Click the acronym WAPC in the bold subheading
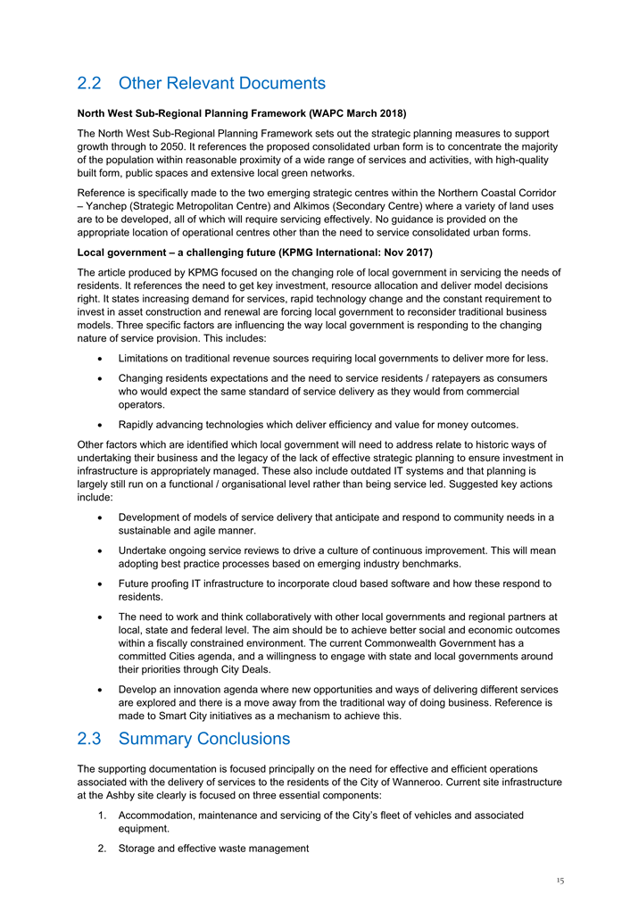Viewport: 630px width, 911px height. [x=329, y=114]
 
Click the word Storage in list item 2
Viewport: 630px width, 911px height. [x=138, y=849]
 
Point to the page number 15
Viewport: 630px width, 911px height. [x=559, y=881]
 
